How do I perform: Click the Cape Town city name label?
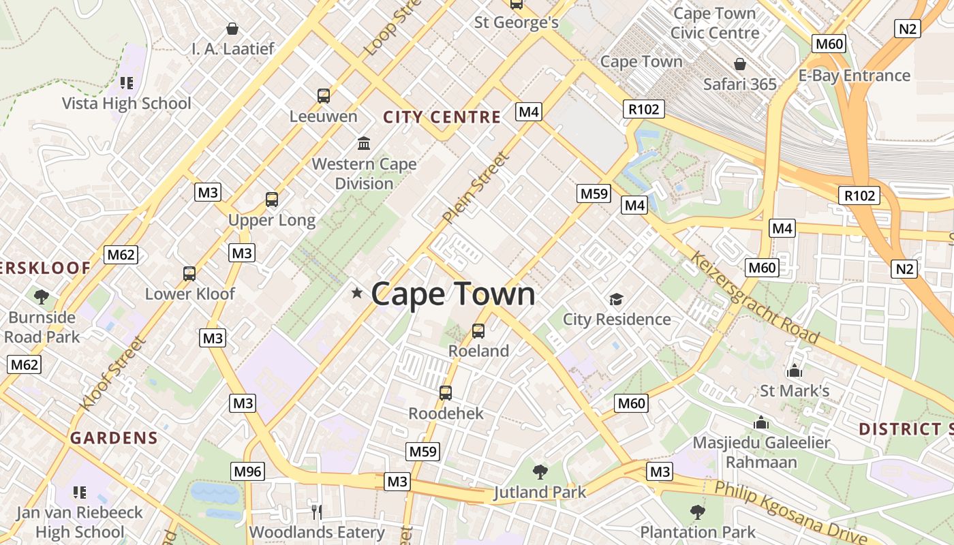pos(453,294)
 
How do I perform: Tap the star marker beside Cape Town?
pos(356,293)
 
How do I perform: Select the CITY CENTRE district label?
pos(442,117)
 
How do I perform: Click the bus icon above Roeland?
pos(478,331)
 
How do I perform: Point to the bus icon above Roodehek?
pos(446,393)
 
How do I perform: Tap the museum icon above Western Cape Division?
pos(364,144)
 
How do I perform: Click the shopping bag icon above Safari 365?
pos(740,65)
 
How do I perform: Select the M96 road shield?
pos(247,471)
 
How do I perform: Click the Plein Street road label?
pos(475,189)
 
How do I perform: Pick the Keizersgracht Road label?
pos(754,297)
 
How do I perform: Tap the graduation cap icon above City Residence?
pos(616,299)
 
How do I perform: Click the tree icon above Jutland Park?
pos(540,471)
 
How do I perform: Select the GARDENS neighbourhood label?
pos(114,438)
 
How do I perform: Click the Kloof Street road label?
pos(112,373)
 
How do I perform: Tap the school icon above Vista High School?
pos(126,83)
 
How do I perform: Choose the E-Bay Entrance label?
pos(854,75)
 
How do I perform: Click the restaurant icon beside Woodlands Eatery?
pos(316,512)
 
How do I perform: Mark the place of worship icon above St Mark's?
pos(794,371)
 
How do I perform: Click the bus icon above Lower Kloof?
pos(189,274)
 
